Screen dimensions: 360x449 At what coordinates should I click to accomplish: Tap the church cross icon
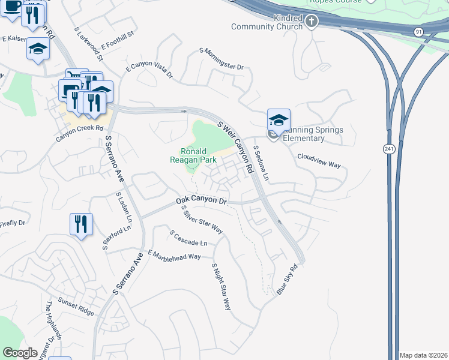click(311, 22)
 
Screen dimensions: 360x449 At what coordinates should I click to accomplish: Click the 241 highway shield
click(389, 148)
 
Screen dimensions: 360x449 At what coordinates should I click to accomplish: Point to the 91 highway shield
click(418, 31)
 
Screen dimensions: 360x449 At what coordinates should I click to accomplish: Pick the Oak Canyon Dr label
click(200, 200)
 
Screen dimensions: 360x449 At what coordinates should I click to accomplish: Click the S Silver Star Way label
click(202, 220)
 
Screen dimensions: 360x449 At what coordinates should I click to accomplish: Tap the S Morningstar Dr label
click(221, 59)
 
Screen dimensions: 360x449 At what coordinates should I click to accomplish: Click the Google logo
click(20, 353)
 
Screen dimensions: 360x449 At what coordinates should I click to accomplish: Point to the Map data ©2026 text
click(423, 355)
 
